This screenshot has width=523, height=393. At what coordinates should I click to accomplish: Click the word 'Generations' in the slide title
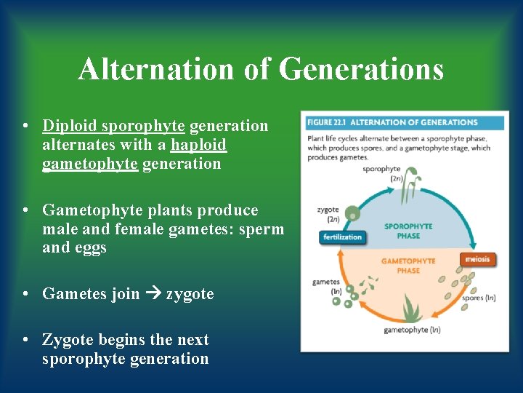point(361,70)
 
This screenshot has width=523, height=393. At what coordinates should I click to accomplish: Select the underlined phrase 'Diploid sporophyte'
point(113,126)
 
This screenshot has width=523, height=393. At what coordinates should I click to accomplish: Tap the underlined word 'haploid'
point(199,145)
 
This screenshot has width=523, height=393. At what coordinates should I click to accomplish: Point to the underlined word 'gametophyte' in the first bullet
point(90,164)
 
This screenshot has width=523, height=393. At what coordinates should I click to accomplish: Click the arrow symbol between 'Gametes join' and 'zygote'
point(153,294)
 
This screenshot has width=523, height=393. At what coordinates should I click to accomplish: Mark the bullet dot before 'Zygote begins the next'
point(26,340)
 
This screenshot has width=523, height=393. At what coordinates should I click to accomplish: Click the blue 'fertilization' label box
point(341,237)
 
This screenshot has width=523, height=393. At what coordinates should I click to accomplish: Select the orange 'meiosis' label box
point(478,259)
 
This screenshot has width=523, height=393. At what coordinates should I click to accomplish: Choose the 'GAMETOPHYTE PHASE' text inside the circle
point(408,266)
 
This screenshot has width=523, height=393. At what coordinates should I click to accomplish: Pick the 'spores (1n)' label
point(479,298)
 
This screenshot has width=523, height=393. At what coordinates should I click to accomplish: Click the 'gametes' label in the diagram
point(325,282)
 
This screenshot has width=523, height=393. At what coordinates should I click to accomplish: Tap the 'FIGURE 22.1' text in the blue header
point(328,122)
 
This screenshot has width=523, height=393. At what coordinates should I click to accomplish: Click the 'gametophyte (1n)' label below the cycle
point(412,330)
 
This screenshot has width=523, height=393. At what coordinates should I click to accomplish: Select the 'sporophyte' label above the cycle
point(381,169)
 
